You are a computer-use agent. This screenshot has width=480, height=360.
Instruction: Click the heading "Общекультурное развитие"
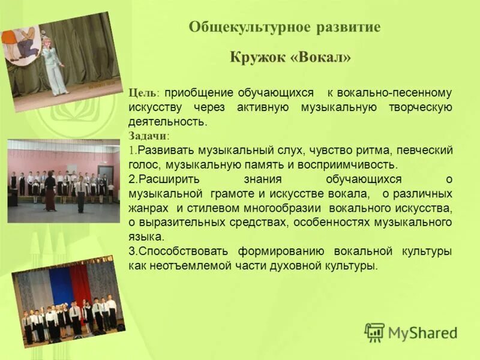(x=284, y=28)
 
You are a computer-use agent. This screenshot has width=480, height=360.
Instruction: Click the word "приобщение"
(x=199, y=94)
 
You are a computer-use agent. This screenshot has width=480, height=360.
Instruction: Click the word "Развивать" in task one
(x=163, y=150)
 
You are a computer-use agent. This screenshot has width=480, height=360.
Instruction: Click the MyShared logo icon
(x=374, y=332)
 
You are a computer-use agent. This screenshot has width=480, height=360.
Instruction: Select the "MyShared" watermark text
(x=422, y=333)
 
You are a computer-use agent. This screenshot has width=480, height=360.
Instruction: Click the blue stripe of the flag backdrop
(x=59, y=287)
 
